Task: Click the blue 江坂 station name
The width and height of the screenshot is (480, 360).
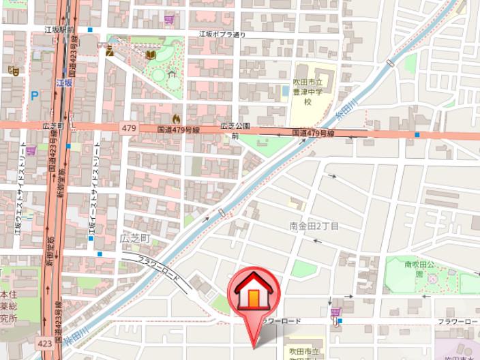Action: pos(63,82)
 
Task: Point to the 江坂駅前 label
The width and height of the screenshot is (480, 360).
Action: pos(59,30)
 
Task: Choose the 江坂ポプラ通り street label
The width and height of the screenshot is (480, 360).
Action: pos(222,33)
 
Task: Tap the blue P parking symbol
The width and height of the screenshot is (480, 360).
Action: pos(34,95)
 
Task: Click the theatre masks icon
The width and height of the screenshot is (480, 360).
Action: pos(12,70)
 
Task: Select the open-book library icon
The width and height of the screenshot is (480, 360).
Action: pos(151,55)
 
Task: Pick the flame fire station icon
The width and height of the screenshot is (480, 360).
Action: pos(177,118)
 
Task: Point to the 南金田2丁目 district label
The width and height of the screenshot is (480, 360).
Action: pos(314,226)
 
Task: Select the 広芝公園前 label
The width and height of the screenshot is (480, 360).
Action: pos(235,130)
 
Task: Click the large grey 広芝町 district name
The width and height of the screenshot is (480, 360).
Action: pos(134,238)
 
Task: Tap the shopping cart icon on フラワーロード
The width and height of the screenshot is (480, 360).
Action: pos(335,312)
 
